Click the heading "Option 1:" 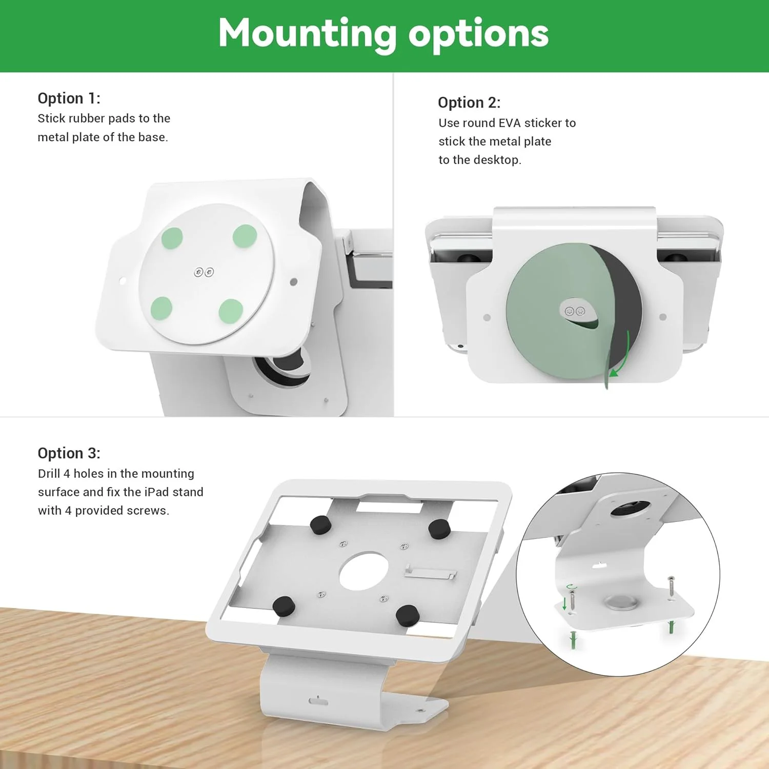69,98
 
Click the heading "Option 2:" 469,103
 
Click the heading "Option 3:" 69,453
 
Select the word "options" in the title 478,35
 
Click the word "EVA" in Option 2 510,123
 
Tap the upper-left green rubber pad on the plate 172,238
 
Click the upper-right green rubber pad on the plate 245,236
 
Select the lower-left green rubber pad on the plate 161,308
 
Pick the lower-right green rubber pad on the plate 231,311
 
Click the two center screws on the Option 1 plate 204,272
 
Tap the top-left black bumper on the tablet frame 321,525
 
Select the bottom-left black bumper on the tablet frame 284,606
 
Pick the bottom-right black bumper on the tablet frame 408,614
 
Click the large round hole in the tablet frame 363,571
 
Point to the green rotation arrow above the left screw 571,588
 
